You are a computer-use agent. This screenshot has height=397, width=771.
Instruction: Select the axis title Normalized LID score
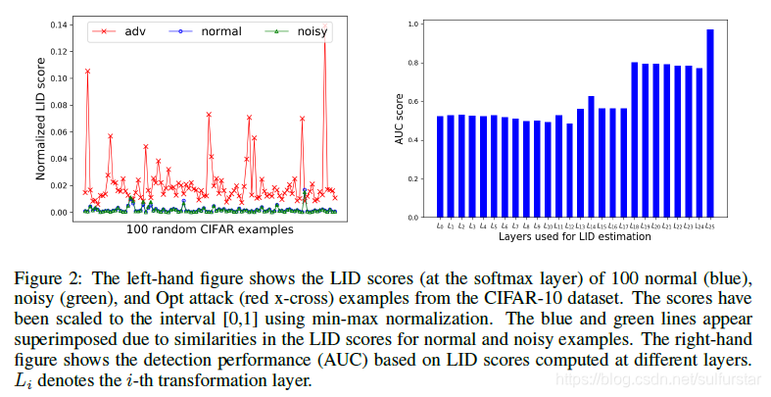pos(42,117)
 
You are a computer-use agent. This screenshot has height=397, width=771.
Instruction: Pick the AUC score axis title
pos(400,119)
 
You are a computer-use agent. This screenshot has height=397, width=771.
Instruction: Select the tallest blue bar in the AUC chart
pos(709,123)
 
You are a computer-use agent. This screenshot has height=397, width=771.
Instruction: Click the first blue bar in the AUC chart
pos(440,167)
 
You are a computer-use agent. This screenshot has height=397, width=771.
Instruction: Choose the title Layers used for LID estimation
pos(574,236)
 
